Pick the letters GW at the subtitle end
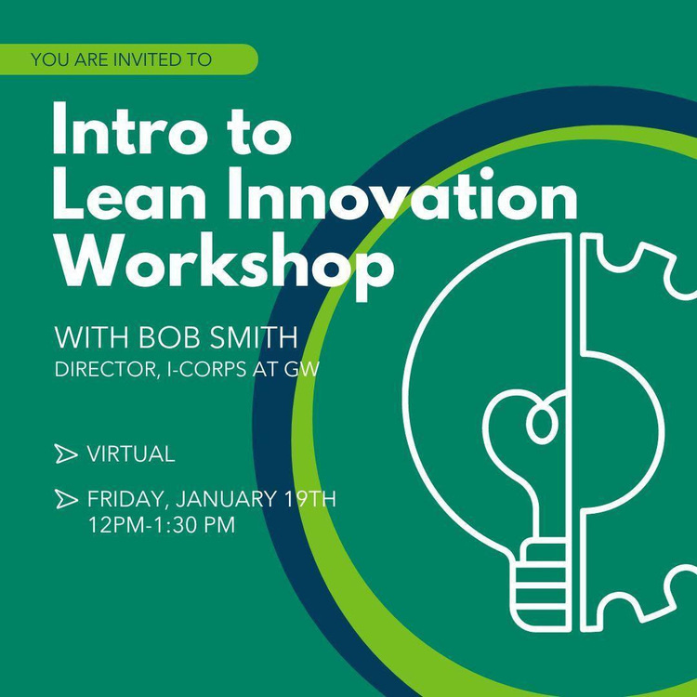click(x=311, y=370)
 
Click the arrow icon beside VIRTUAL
click(x=65, y=454)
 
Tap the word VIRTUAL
click(x=130, y=454)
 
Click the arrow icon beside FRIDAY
click(x=65, y=500)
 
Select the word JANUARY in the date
click(x=220, y=499)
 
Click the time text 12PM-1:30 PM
click(x=162, y=525)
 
